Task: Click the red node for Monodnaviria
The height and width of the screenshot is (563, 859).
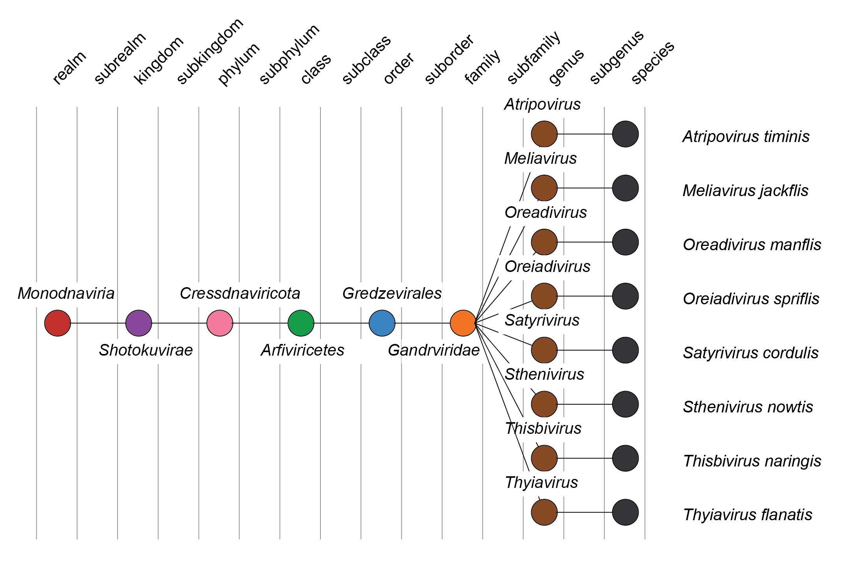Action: coord(58,323)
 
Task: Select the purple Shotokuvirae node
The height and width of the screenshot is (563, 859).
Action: coord(139,323)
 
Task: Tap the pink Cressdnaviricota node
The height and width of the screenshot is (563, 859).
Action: coord(220,323)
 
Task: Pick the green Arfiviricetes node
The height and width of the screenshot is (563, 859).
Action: coord(301,323)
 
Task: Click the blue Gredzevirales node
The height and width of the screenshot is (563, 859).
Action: coord(382,323)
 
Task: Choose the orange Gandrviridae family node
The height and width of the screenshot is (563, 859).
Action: coord(463,323)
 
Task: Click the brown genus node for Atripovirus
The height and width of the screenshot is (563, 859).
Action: coord(544,134)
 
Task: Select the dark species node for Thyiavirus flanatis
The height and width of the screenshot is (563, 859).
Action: coord(625,512)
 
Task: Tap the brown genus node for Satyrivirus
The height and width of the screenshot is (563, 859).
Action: coord(544,350)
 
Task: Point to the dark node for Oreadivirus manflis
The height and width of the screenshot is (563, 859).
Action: coord(625,242)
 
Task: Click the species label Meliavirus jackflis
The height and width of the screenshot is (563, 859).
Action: coord(745,191)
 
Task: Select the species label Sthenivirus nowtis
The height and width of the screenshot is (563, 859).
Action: coord(748,407)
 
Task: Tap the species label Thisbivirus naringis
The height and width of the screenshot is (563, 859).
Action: coord(752,461)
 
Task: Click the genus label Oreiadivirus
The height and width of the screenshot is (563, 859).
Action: coord(547,267)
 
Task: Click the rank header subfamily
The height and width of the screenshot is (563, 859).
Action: coord(533,58)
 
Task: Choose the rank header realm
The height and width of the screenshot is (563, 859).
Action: coord(69,68)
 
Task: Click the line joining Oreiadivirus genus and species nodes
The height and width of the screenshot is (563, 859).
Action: coord(584,296)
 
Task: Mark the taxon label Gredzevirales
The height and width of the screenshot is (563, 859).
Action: coord(392,293)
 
